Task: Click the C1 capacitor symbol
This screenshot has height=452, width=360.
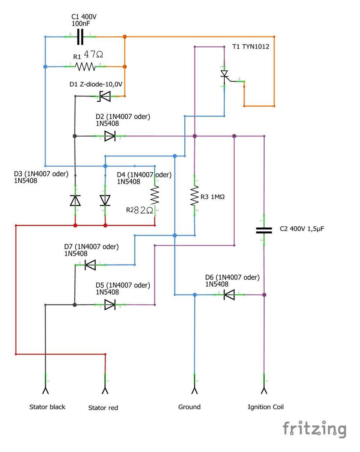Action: point(80,37)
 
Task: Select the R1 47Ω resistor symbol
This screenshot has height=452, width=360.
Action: point(85,67)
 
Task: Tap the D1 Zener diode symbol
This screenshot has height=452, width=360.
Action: point(104,96)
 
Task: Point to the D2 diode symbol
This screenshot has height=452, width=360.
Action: point(109,136)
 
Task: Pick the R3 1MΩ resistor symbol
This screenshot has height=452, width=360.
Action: point(194,195)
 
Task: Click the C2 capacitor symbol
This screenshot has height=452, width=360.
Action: point(264,230)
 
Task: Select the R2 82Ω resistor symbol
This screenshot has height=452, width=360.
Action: point(155,195)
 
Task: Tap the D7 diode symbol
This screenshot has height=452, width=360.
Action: point(90,265)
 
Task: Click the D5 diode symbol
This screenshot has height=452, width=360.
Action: point(109,304)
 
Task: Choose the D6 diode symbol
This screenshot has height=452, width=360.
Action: point(229,295)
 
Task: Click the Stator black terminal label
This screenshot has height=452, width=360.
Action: point(47,407)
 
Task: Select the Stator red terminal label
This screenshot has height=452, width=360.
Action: point(103,408)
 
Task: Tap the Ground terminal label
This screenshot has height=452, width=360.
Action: point(189,407)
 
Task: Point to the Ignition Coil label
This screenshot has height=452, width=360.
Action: point(265,407)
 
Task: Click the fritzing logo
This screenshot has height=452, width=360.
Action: point(314,429)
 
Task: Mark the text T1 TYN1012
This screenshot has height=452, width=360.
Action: point(251,47)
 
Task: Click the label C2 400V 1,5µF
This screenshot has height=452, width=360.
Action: point(302,229)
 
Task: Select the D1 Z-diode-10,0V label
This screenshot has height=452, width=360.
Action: point(96,84)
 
